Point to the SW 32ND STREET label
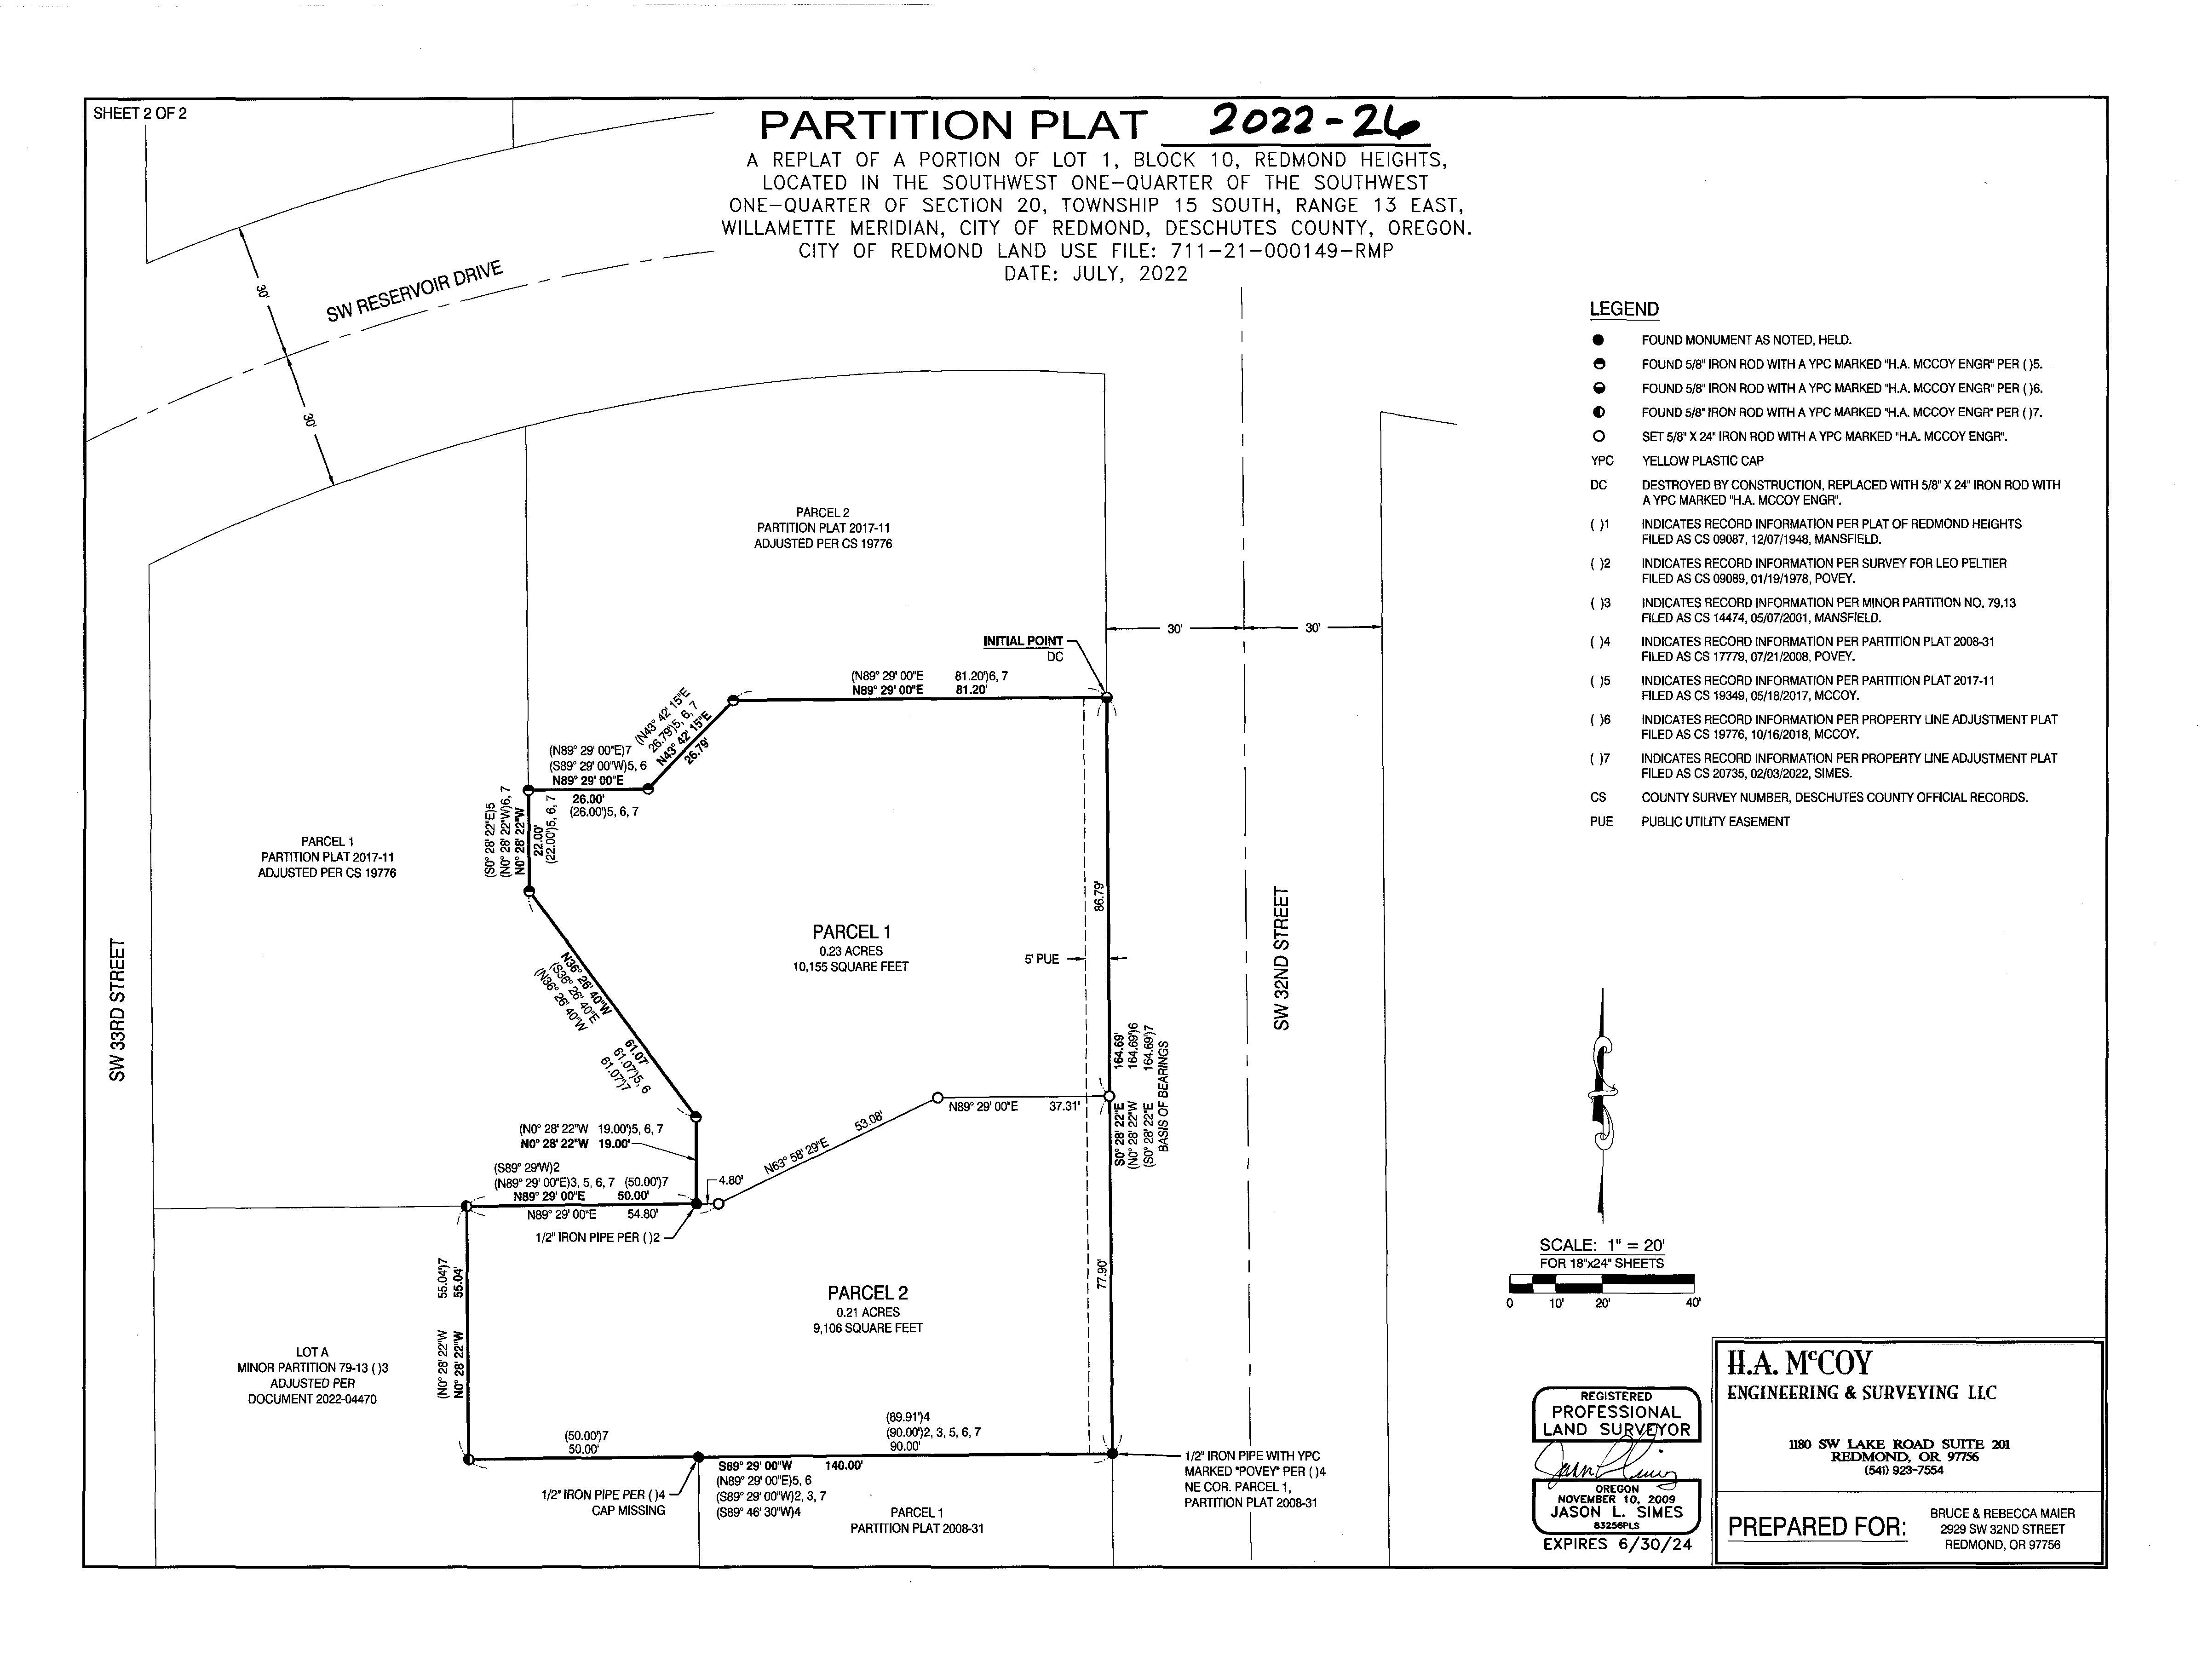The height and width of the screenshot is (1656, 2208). pos(1282,958)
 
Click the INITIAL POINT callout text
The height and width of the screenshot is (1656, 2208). pos(1023,641)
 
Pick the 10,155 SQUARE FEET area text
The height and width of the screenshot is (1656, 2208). pos(851,966)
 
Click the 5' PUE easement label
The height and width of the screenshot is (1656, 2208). pos(1041,959)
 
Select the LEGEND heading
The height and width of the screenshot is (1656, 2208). pos(1624,310)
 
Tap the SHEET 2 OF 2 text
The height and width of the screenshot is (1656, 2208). pos(140,114)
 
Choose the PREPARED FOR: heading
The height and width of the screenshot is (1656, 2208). pos(1817,1527)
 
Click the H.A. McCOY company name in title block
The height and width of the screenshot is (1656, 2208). pos(1800,1363)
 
